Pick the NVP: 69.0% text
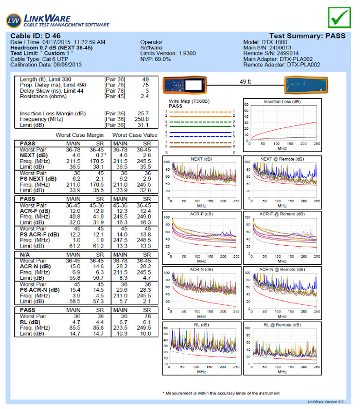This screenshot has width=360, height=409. tap(156, 59)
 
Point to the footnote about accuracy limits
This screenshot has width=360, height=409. tap(221, 393)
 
